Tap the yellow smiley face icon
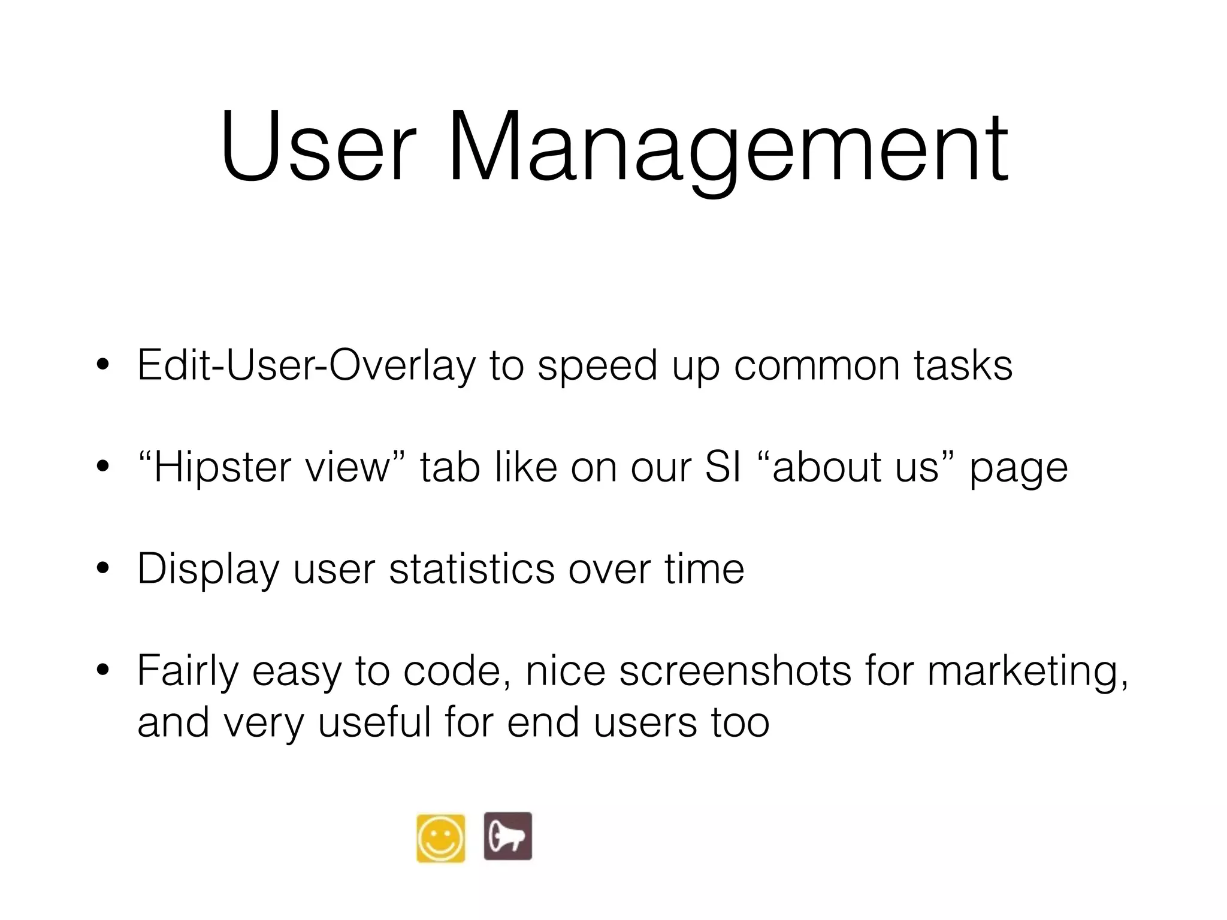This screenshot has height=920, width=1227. pos(440,837)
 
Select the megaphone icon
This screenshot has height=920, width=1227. pos(507,836)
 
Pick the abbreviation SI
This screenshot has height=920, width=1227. pos(723,467)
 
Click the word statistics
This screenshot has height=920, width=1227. pos(472,568)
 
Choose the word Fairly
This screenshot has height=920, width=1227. pos(188,671)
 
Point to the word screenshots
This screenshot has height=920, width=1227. pos(735,670)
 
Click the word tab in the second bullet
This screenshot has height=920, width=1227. pos(450,467)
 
